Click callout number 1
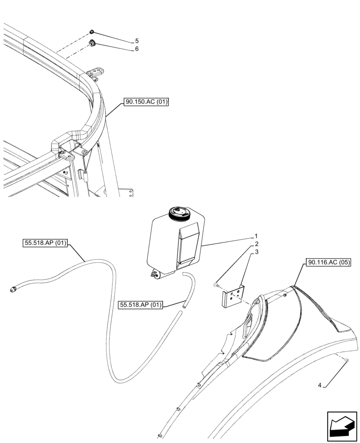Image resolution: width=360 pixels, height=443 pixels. pos(256,237)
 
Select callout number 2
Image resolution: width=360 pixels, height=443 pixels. pos(256,245)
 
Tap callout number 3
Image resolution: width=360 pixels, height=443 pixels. pos(256,253)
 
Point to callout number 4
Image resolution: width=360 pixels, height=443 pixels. pos(319,385)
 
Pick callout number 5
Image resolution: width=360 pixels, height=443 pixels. pos(137,41)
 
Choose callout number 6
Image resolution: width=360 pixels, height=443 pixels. pos(137,49)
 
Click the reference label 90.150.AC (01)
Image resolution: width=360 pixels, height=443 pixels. pos(146,102)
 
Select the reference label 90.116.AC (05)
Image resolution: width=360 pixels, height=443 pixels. pos(328,262)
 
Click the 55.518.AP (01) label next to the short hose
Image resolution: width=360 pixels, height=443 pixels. pos(141,305)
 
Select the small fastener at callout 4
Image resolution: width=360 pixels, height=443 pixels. pos(345,362)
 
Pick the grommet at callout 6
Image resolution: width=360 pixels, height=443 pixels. pos(93,43)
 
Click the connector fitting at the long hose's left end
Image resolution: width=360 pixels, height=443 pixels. pos(14,290)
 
